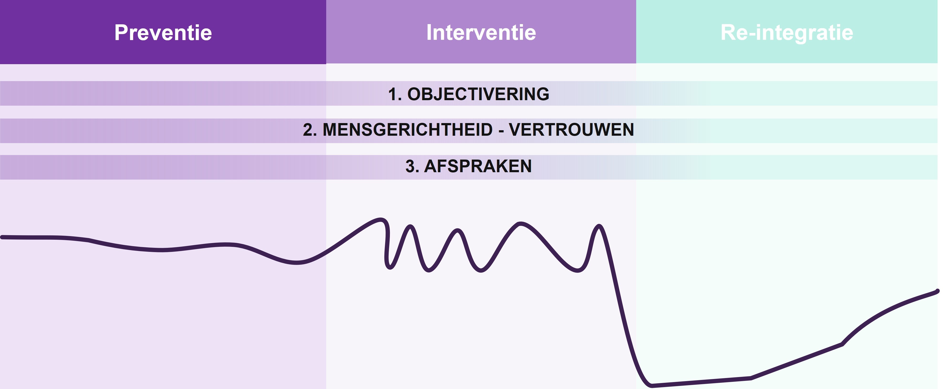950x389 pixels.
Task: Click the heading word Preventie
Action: [x=163, y=32]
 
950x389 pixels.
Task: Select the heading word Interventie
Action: [x=481, y=32]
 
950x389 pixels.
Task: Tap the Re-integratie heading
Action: [x=787, y=32]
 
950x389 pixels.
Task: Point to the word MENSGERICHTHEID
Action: [x=408, y=130]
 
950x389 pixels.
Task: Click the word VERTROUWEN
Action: [x=571, y=130]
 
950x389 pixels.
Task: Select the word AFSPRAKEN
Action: [x=478, y=166]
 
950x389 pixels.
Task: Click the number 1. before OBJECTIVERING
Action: [x=395, y=94]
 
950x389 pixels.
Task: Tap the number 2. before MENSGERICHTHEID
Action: [x=310, y=130]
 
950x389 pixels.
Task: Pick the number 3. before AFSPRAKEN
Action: [x=412, y=166]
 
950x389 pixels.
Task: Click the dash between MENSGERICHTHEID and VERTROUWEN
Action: [x=501, y=130]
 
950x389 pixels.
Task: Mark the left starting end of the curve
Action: [x=2, y=237]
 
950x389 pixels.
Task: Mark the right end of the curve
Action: [x=937, y=291]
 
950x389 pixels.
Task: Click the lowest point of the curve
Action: [x=651, y=386]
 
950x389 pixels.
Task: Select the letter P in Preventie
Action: [x=121, y=32]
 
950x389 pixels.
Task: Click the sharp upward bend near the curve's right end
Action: [x=842, y=344]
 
